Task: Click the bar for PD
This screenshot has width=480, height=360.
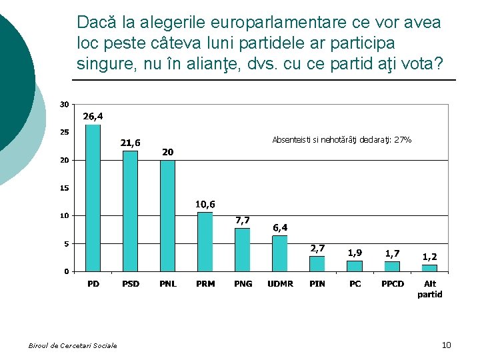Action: pos(93,198)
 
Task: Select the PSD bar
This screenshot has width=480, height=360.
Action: pos(131,211)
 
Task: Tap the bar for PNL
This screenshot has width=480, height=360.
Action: pos(168,215)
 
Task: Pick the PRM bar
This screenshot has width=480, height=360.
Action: pos(205,241)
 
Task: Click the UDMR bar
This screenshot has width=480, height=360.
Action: pos(280,253)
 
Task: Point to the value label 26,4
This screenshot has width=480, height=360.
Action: pos(93,116)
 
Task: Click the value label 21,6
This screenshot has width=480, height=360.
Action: pos(130,143)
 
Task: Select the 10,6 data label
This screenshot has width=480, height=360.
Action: pos(205,204)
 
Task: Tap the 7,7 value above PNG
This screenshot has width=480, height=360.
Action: pos(243,220)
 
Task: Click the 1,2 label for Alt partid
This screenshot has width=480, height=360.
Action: pos(430,257)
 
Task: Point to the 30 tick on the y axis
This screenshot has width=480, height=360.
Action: pos(63,104)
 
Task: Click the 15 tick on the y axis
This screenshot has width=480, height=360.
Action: pos(63,188)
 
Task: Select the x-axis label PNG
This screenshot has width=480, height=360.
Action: pos(243,284)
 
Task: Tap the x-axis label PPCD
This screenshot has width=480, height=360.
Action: pos(393,284)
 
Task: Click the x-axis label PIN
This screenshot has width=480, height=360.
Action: pos(317,284)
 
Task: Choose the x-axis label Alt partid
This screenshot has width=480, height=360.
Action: pos(430,289)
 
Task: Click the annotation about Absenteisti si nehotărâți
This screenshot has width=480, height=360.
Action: pos(341,140)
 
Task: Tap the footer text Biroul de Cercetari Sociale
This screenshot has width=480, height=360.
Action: pos(73,345)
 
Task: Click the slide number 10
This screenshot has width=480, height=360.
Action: pos(446,345)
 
